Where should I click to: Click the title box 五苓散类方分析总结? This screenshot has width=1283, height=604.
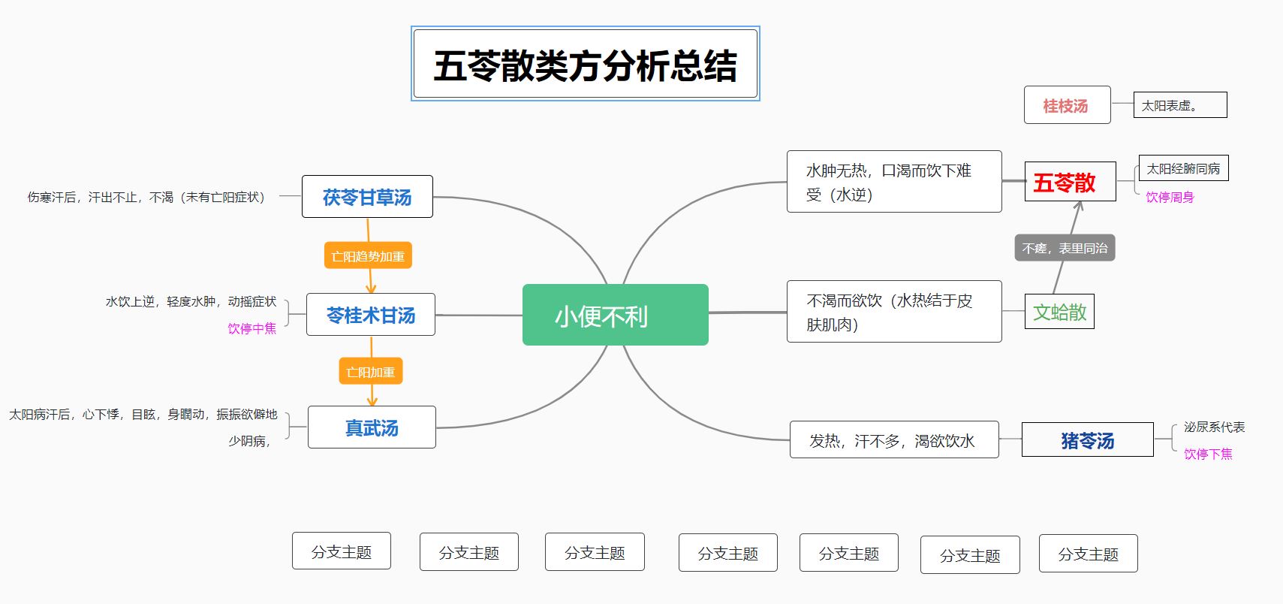click(x=586, y=64)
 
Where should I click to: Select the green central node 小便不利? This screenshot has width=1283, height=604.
click(x=615, y=315)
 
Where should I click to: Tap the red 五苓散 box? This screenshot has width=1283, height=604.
click(x=1070, y=182)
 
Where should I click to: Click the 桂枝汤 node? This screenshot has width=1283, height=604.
click(x=1067, y=105)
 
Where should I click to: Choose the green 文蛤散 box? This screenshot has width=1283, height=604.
click(x=1059, y=311)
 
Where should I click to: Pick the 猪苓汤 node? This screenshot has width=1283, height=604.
click(x=1087, y=439)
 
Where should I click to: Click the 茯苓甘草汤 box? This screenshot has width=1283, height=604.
click(x=367, y=197)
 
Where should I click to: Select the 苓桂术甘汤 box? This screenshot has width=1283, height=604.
click(x=371, y=315)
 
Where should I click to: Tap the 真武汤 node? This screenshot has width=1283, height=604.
click(x=372, y=427)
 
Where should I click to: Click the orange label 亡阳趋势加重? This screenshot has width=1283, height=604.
click(x=368, y=255)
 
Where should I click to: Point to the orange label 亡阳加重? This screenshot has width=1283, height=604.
click(x=371, y=371)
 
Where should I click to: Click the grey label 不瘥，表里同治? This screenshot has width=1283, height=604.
click(x=1065, y=248)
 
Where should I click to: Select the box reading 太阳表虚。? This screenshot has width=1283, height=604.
click(x=1180, y=105)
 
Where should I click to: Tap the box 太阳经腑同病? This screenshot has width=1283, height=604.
click(x=1183, y=168)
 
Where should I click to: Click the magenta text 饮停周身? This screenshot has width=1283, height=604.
click(x=1170, y=197)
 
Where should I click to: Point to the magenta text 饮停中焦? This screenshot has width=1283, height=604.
click(x=252, y=328)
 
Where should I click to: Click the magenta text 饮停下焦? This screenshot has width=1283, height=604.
click(x=1208, y=454)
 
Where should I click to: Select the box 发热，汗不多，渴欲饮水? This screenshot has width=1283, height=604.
click(x=894, y=439)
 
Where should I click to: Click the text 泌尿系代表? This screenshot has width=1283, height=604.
click(x=1214, y=427)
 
